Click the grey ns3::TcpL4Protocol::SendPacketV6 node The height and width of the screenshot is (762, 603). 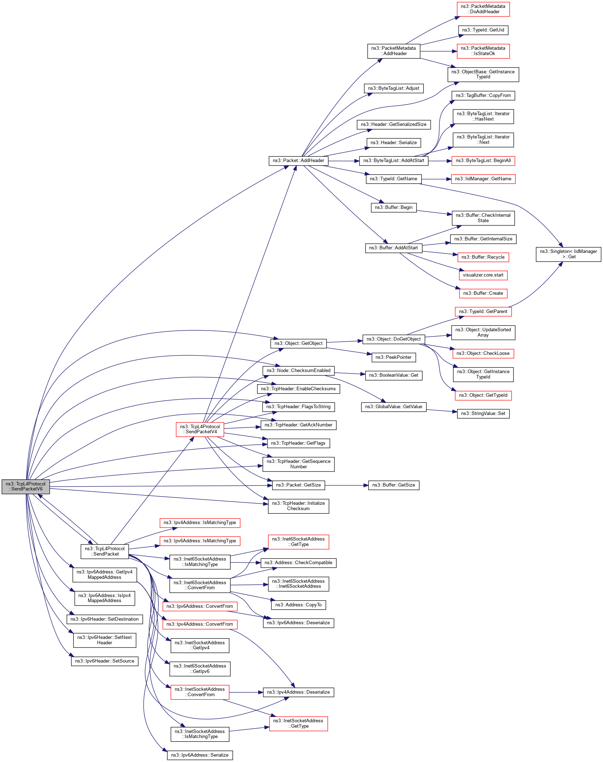(x=25, y=487)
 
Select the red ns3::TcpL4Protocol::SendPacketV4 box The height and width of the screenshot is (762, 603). (x=200, y=429)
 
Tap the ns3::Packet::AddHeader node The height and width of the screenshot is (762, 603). (x=298, y=161)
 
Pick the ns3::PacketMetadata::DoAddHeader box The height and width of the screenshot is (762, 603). (x=483, y=9)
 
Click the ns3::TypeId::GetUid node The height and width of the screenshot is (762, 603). (x=483, y=30)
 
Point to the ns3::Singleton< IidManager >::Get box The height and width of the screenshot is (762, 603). (x=568, y=254)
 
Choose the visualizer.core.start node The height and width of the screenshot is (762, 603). (x=483, y=275)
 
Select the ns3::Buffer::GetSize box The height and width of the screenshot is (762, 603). (x=394, y=485)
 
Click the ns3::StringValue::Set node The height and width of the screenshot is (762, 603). (x=483, y=414)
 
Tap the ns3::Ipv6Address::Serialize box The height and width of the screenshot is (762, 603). (x=200, y=755)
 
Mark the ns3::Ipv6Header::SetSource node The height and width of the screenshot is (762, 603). (x=105, y=661)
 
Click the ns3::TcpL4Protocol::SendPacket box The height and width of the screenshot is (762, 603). (x=105, y=551)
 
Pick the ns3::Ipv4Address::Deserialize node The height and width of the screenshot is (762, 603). (x=298, y=692)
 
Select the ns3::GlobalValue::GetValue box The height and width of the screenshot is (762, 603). (x=394, y=407)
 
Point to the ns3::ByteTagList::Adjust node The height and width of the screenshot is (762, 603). (x=394, y=88)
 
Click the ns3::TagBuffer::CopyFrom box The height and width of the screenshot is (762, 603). (x=483, y=96)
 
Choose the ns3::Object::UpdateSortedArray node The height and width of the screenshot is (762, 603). (x=483, y=332)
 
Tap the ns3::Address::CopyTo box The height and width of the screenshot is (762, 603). (x=298, y=605)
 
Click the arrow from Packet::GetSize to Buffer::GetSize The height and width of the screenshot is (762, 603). (x=347, y=485)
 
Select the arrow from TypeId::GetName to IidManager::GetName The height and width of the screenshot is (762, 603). (x=436, y=179)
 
